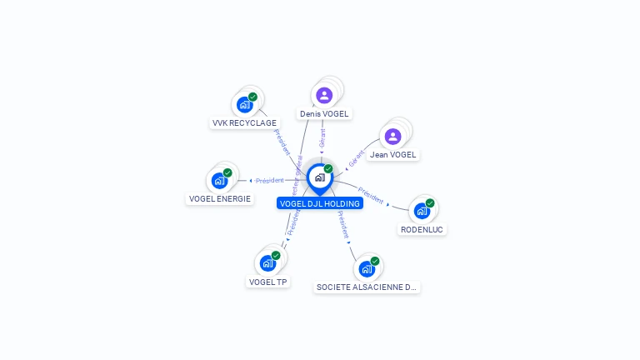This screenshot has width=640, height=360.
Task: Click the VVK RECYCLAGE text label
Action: (x=244, y=122)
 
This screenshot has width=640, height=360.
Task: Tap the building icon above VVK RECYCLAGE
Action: (x=244, y=105)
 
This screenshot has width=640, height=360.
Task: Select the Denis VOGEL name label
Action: (x=324, y=113)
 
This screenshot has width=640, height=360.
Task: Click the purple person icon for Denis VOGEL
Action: (x=324, y=95)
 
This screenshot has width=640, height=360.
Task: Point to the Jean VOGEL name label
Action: (x=392, y=154)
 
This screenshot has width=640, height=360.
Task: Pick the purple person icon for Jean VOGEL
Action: (x=392, y=136)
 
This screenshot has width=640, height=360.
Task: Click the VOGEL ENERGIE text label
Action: (x=220, y=198)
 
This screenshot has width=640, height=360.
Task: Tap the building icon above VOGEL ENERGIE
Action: (x=219, y=180)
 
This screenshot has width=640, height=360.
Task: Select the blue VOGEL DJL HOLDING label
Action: (x=320, y=203)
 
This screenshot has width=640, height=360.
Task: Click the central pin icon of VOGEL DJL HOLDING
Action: (x=319, y=177)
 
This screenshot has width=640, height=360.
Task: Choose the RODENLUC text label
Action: (x=422, y=229)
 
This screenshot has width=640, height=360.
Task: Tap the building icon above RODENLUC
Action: (x=422, y=211)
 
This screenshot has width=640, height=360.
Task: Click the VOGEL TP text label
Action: (x=267, y=282)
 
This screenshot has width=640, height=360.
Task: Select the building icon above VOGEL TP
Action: (x=267, y=263)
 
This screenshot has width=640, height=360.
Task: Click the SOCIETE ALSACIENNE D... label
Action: (x=367, y=287)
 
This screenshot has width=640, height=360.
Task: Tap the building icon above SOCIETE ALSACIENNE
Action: (x=367, y=269)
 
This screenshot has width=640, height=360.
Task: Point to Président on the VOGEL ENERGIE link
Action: (x=270, y=180)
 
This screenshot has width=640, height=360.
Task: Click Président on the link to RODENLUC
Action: (x=371, y=196)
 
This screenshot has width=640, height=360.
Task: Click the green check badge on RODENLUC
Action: (x=430, y=203)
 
